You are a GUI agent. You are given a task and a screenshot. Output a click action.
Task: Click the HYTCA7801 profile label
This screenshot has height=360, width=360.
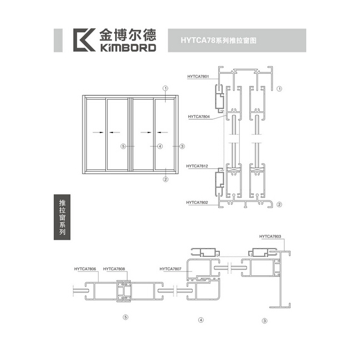coord(198,76)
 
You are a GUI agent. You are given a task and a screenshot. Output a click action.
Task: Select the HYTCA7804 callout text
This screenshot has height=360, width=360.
coord(199,117)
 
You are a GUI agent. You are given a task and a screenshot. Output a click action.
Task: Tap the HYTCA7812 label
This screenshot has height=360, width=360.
coord(197,166)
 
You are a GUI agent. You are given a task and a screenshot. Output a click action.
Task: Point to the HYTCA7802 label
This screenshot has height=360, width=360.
coord(197,203)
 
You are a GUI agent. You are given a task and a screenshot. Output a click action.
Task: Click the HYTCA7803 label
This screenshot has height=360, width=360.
coord(270,236)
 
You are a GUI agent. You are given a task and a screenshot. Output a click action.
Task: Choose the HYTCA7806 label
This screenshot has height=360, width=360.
coord(85,269)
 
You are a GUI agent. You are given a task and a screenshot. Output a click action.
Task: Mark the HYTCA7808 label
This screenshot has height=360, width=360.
coord(114,269)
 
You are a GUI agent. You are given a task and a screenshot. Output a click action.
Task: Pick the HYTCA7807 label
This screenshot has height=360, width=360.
coord(171,269)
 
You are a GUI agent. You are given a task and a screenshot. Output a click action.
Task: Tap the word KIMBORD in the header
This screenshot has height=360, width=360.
coord(128,48)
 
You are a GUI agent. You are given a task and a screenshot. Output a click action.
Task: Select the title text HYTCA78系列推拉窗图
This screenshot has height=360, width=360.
coord(218,40)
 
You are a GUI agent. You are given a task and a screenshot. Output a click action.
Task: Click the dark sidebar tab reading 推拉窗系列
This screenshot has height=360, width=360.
coord(62,217)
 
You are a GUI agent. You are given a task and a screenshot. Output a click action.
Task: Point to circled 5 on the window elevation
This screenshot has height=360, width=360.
coord(124,146)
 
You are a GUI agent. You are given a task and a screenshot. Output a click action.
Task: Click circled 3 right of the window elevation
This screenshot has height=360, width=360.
coord(182,146)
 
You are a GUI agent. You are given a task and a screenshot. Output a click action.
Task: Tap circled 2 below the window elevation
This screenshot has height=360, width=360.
coord(166,179)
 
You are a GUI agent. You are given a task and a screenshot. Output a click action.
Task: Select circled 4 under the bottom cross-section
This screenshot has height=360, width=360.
coord(201,320)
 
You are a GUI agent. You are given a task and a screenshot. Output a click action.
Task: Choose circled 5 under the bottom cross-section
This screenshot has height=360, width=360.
coord(126,317)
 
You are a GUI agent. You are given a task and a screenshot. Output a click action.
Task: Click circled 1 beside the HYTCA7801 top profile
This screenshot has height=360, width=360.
coord(279,89)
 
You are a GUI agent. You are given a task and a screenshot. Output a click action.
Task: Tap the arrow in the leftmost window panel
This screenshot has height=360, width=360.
coord(98,132)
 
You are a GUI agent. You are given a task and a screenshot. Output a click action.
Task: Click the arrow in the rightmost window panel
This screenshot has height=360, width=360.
coord(162,132)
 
